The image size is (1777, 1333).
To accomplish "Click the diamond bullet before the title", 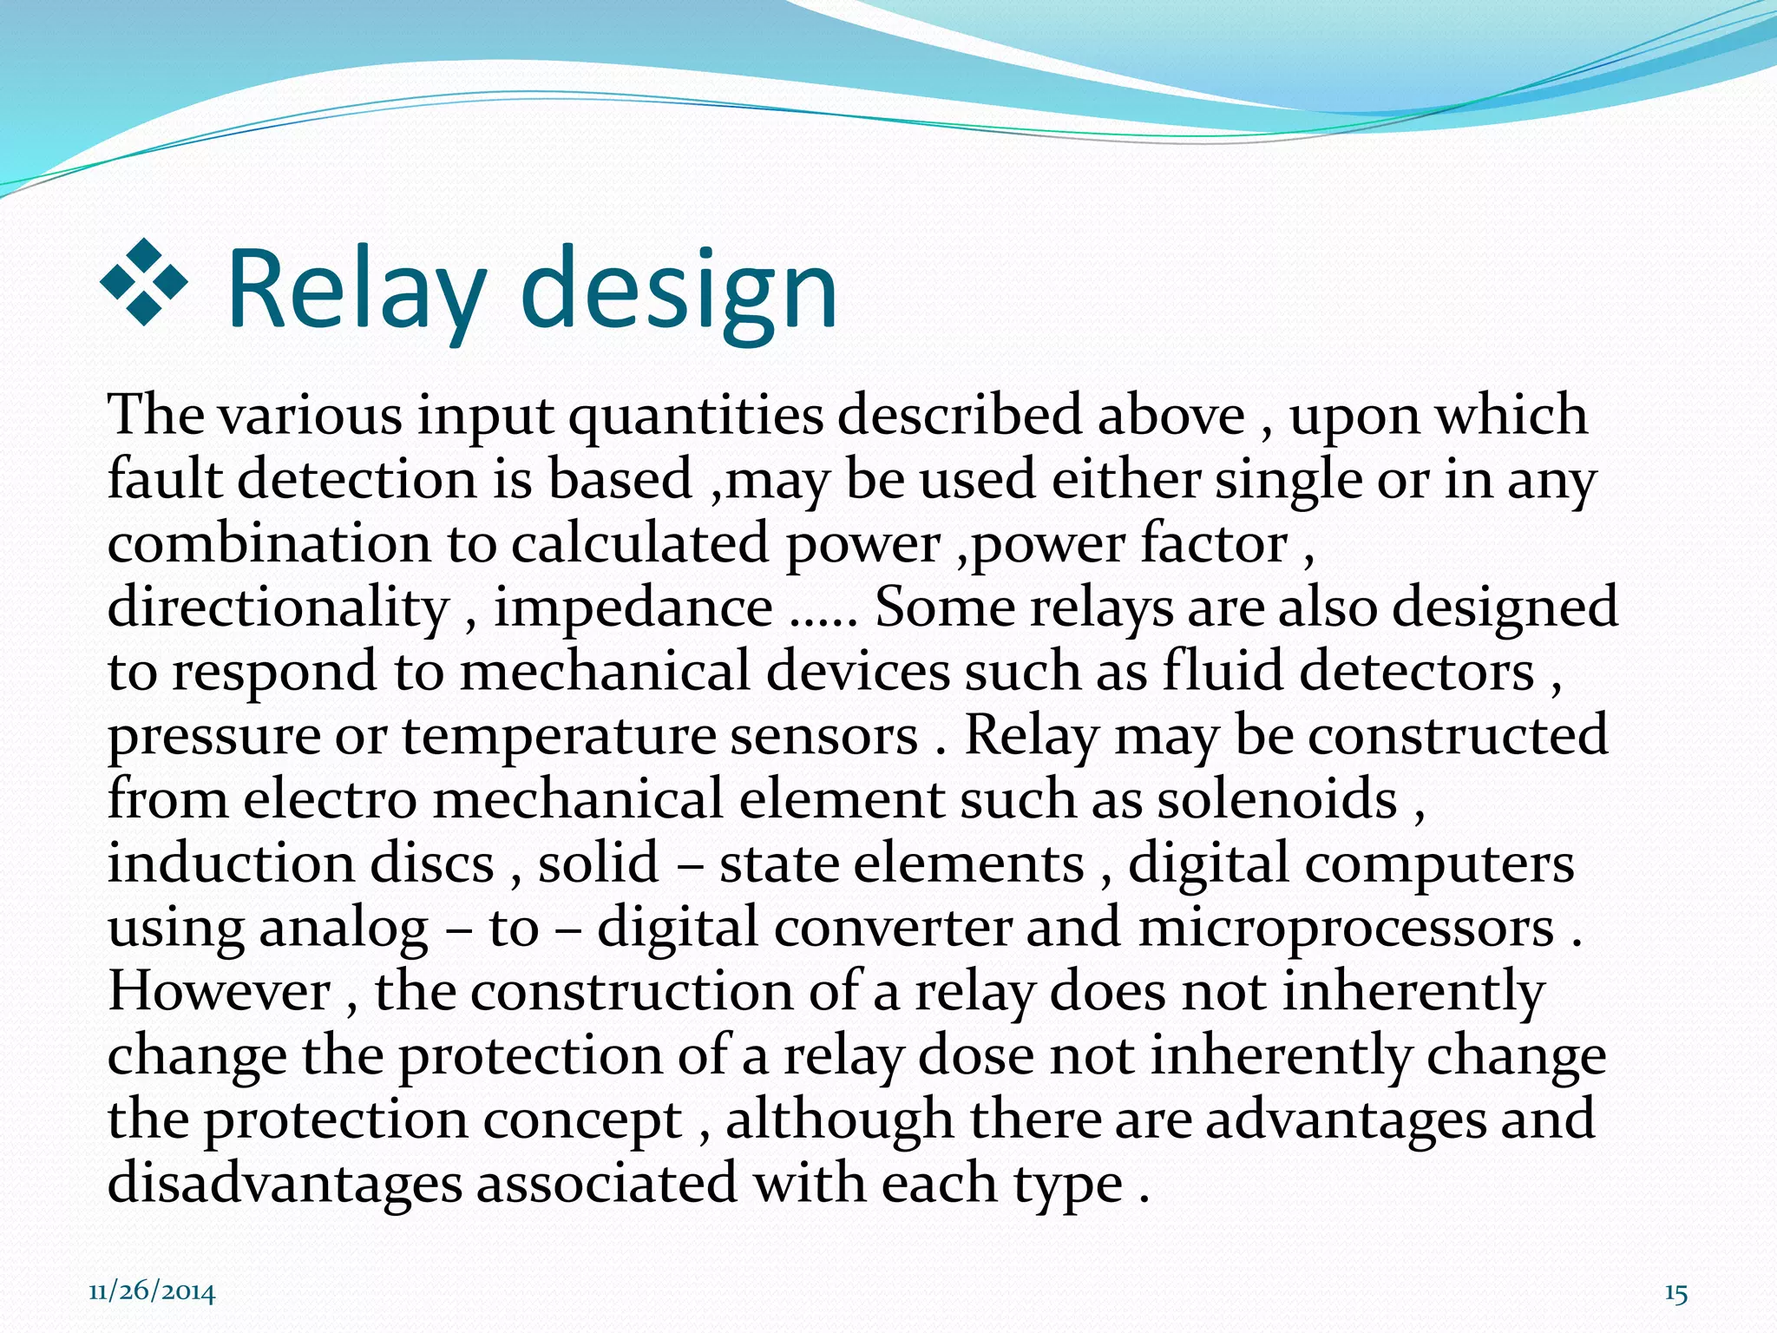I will (x=144, y=282).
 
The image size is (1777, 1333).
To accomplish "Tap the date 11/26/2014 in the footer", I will (x=152, y=1292).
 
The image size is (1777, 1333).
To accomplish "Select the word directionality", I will (x=279, y=607).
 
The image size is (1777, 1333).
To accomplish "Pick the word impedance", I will (x=633, y=607).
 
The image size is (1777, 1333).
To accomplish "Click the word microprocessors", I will (x=1346, y=928).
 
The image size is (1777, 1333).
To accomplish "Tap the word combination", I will (x=269, y=544).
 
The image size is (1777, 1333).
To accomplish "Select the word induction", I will (x=231, y=864).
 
